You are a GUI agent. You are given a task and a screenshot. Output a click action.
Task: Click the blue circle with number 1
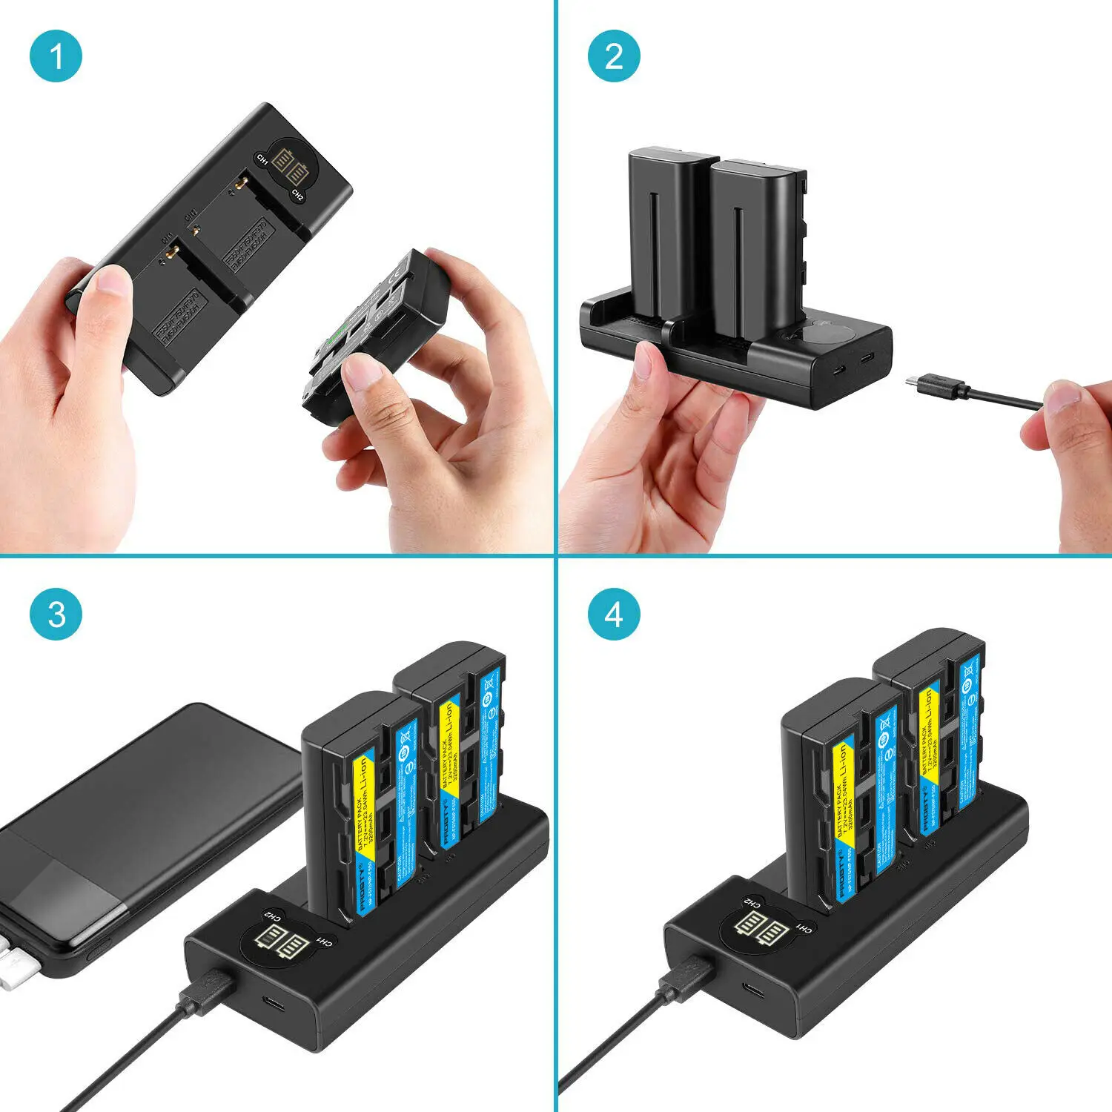coord(56,56)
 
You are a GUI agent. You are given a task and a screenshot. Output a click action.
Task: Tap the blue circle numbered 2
coord(614,56)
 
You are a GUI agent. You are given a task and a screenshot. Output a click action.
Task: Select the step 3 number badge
coord(56,615)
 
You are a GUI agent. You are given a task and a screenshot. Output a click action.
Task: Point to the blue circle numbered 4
coord(614,615)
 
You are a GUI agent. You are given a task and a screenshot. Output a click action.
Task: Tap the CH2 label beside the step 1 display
coord(297,195)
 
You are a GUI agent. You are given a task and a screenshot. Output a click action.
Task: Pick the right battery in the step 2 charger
coord(756,245)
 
